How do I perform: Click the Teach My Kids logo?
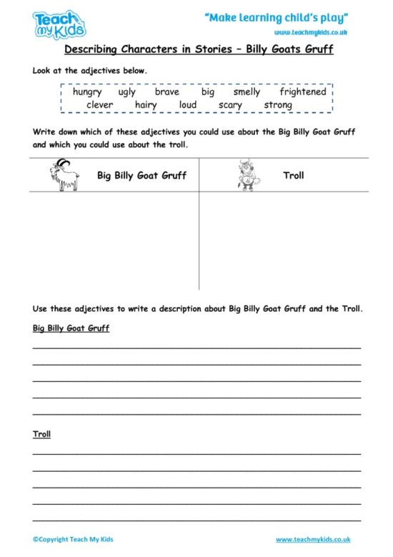pyautogui.click(x=59, y=24)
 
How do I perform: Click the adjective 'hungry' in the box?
pyautogui.click(x=87, y=92)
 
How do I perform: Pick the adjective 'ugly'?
pyautogui.click(x=127, y=92)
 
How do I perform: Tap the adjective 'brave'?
pyautogui.click(x=167, y=92)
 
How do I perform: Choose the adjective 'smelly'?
pyautogui.click(x=247, y=92)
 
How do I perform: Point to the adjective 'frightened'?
pyautogui.click(x=303, y=92)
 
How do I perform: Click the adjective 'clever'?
pyautogui.click(x=99, y=105)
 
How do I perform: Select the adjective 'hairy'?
pyautogui.click(x=146, y=105)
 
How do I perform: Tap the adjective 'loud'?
pyautogui.click(x=187, y=105)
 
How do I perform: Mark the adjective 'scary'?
pyautogui.click(x=230, y=105)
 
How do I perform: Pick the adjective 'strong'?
pyautogui.click(x=278, y=105)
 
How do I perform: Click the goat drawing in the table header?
pyautogui.click(x=65, y=175)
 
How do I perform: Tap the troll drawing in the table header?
pyautogui.click(x=246, y=175)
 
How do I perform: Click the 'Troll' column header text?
pyautogui.click(x=294, y=175)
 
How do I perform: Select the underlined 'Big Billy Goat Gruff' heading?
pyautogui.click(x=71, y=329)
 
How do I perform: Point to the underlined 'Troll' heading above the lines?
pyautogui.click(x=41, y=434)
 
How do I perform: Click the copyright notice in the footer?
pyautogui.click(x=73, y=539)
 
